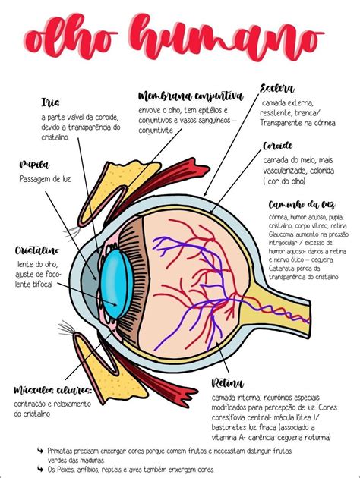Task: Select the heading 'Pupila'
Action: coord(35,164)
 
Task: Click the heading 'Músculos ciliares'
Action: coord(53,389)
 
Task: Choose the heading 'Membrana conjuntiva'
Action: coord(191,96)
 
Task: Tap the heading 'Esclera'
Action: coord(276,88)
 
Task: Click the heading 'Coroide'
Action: coord(277,146)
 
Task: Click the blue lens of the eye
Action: coord(118,282)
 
